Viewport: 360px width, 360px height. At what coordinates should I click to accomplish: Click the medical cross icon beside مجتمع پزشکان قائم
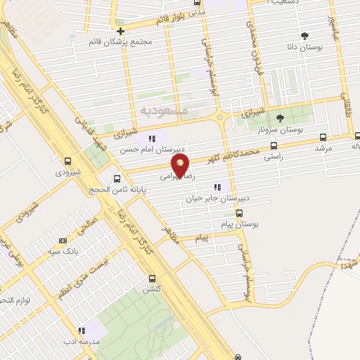pos(122,31)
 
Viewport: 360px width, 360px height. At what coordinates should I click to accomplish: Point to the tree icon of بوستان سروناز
pos(279,117)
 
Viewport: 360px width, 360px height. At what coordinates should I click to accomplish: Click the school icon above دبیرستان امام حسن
pos(152,138)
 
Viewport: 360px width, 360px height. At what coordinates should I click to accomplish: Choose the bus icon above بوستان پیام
pos(240,213)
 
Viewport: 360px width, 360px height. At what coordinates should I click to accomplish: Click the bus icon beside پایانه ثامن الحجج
pos(117,178)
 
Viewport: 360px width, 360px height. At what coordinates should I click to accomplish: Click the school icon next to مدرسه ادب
pos(82,330)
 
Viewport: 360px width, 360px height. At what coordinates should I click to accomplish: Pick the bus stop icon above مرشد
pos(323,138)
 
